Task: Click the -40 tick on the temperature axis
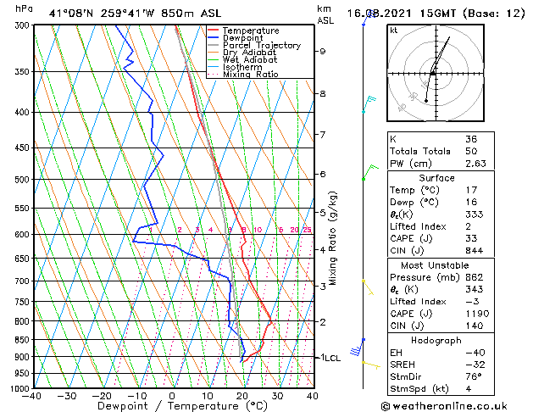tap(32, 396)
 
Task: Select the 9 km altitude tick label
tap(322, 51)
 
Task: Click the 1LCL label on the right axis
tap(329, 358)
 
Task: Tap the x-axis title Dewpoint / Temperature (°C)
tap(172, 406)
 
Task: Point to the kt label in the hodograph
tap(394, 30)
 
